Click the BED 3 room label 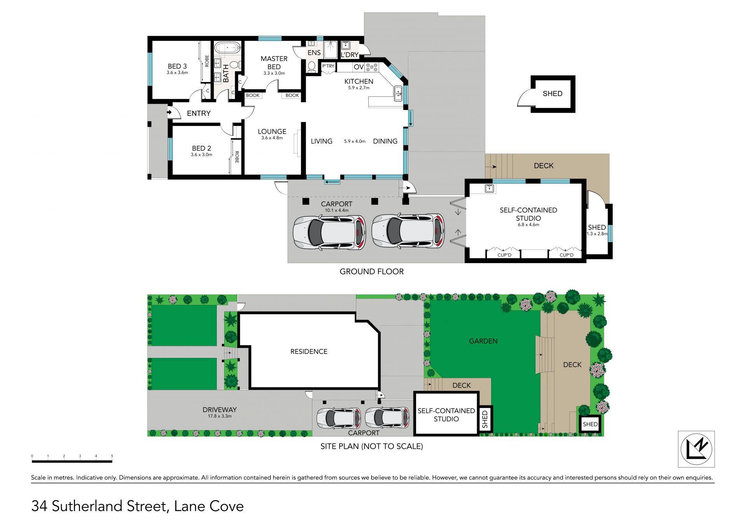pos(177,66)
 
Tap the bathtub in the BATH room pos(228,49)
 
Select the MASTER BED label pos(274,63)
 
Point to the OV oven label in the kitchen pos(359,67)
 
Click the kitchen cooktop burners pos(372,67)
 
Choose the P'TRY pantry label pos(328,66)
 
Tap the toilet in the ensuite pos(311,67)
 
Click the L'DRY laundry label pos(349,55)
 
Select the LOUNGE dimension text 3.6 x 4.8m pos(272,138)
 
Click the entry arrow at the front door pos(169,113)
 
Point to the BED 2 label pos(201,148)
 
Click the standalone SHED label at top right pos(553,94)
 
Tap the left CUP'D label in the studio pos(504,255)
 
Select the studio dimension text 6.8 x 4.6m pos(528,225)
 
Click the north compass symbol pos(696,449)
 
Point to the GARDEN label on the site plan pos(483,341)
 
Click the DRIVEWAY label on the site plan pos(220,410)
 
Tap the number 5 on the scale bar pos(112,456)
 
